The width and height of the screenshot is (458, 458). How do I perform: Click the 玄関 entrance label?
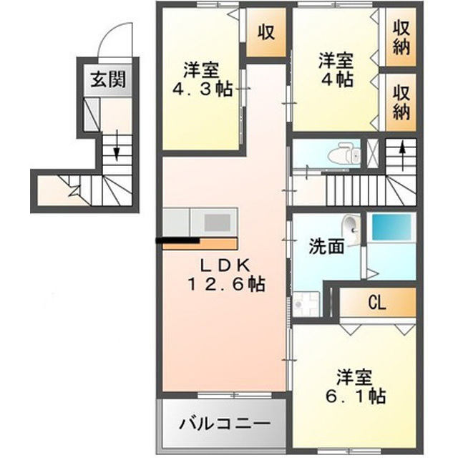click(108, 79)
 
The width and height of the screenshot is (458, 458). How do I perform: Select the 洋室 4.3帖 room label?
click(201, 81)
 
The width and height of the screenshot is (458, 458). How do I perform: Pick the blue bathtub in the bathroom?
click(391, 231)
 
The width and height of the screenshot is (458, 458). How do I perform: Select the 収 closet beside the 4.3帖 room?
click(267, 33)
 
